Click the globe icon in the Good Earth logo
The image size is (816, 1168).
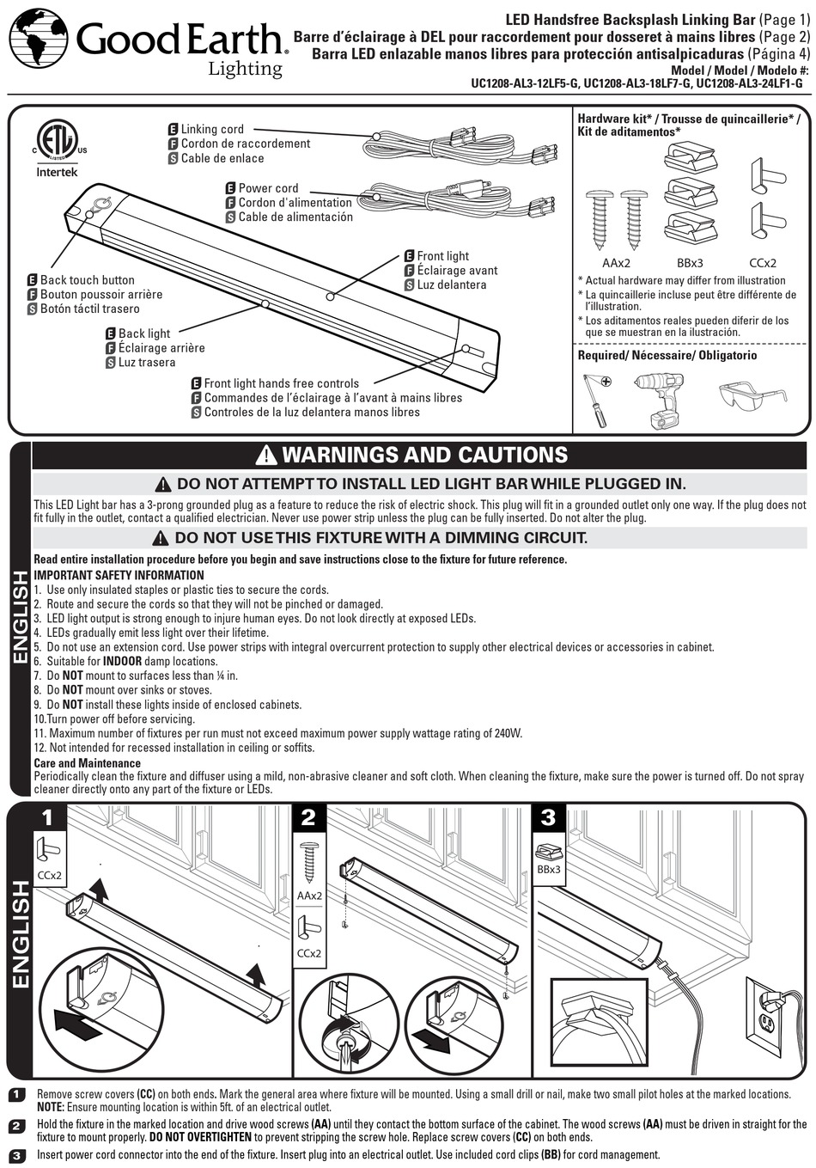click(38, 38)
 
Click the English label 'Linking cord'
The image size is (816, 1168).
click(211, 129)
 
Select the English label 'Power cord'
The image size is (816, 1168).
click(268, 188)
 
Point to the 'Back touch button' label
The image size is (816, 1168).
click(87, 280)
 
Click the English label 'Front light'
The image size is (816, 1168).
click(442, 256)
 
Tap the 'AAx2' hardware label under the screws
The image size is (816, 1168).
click(616, 263)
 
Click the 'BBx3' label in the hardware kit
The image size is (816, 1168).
click(690, 263)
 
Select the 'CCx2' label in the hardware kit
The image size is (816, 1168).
click(763, 263)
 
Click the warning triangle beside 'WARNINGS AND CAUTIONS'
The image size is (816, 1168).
click(266, 456)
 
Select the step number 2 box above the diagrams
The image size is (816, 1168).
click(308, 817)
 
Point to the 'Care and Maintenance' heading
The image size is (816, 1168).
click(87, 763)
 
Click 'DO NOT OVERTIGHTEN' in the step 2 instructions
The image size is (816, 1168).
click(200, 1137)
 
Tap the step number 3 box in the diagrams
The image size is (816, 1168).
click(548, 817)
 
